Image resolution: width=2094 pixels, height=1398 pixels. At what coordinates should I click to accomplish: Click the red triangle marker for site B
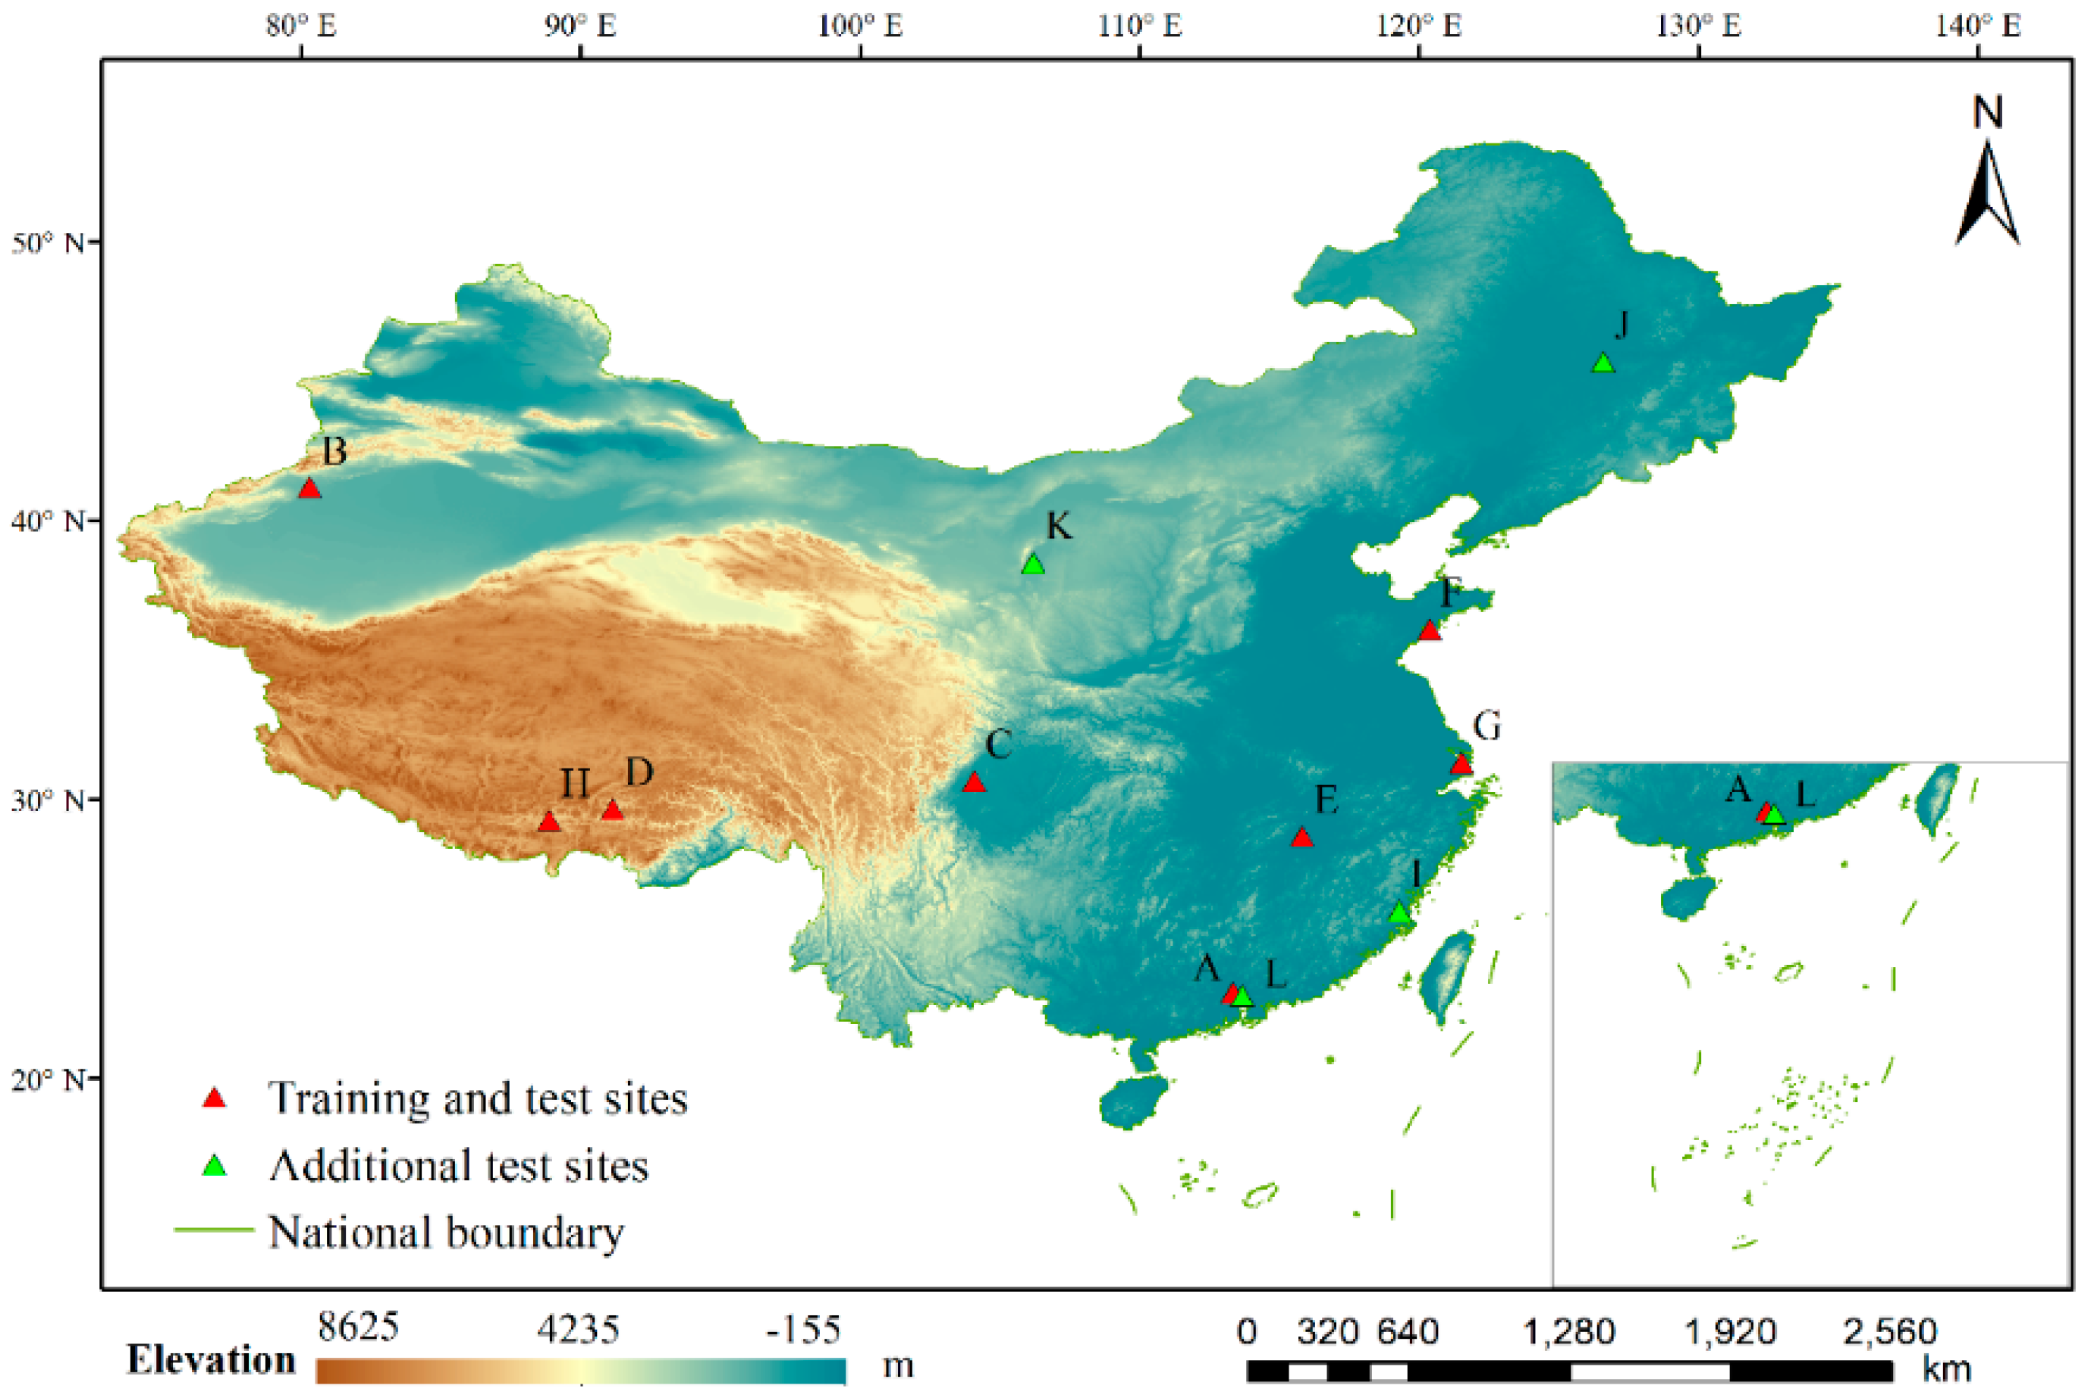tap(309, 489)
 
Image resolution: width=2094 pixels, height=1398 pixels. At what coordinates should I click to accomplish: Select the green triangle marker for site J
tap(1603, 363)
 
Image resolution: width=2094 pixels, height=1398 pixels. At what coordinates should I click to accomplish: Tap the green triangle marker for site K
tap(1033, 564)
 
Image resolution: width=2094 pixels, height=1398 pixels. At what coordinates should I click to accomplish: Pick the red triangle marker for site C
tap(975, 782)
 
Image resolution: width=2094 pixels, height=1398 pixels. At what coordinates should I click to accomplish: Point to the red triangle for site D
tap(611, 809)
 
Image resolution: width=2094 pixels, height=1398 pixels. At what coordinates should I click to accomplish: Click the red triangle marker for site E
tap(1302, 837)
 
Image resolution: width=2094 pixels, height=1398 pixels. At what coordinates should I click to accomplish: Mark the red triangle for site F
tap(1429, 630)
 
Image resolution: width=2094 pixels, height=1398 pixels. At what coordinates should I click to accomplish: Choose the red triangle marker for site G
tap(1461, 764)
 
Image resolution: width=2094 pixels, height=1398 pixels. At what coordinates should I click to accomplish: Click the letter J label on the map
tap(1622, 325)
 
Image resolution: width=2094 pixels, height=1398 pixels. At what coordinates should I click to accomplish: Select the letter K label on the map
tap(1058, 526)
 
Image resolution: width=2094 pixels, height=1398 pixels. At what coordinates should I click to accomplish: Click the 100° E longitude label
tap(860, 26)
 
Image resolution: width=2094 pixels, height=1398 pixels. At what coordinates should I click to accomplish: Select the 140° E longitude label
tap(1977, 26)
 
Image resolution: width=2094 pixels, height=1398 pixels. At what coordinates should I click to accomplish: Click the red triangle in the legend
tap(215, 1098)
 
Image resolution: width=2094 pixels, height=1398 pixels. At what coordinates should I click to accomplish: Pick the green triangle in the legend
tap(215, 1166)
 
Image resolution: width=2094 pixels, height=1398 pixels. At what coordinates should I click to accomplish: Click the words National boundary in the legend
tap(446, 1233)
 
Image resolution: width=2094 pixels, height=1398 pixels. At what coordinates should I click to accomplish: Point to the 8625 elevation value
tap(359, 1327)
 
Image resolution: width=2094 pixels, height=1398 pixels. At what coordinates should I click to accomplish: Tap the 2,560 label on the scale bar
tap(1890, 1332)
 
